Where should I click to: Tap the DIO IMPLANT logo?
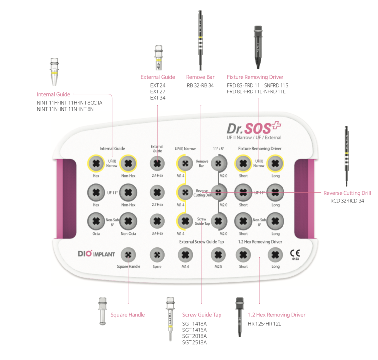tap(96, 254)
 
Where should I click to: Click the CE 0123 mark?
tap(295, 254)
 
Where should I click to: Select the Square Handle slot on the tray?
tap(128, 255)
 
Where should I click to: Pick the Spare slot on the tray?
tap(157, 255)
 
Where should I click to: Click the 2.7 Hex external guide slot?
tap(157, 192)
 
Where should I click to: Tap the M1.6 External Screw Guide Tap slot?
tap(185, 255)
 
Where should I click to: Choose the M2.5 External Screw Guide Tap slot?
tap(218, 255)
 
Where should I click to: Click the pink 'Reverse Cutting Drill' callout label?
tap(347, 193)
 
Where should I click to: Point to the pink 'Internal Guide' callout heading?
tap(53, 94)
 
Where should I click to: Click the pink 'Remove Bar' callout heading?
tap(200, 77)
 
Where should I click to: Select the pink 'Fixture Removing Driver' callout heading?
tap(255, 77)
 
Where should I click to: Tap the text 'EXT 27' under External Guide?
tap(157, 91)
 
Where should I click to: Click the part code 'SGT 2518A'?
tap(194, 342)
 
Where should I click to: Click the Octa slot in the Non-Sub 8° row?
tap(96, 221)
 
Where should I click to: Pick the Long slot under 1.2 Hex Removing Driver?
tap(275, 255)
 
